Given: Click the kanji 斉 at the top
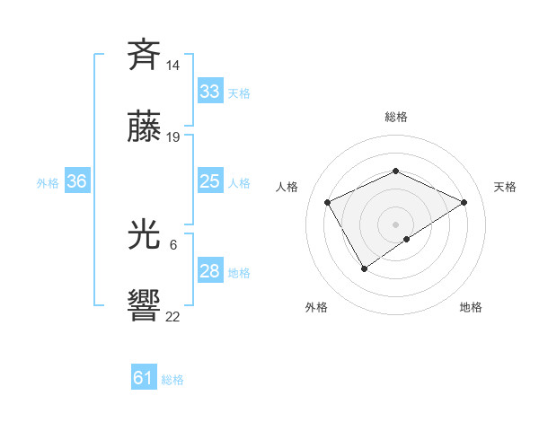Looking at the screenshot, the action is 145,56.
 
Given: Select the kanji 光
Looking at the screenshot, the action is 145,236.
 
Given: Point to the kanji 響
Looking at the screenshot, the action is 145,305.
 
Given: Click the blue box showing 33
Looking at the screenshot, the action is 209,92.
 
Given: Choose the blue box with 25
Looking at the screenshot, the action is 209,181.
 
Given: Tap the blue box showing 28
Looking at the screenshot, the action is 209,271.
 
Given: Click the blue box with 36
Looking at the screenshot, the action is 76,181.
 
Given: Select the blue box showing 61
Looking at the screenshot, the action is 143,378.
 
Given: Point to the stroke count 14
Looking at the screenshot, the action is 173,66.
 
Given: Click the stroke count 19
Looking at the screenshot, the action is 173,137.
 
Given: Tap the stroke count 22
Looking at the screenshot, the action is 173,316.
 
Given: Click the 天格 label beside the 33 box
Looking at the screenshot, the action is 238,93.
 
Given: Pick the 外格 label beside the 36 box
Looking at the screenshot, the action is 48,183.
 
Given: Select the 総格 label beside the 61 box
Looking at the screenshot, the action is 172,380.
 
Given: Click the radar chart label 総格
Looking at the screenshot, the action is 395,117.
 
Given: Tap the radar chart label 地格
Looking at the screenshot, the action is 471,307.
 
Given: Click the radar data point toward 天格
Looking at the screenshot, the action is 464,202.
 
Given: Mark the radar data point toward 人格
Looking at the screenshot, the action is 328,202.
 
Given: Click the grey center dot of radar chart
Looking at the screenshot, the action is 395,224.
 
